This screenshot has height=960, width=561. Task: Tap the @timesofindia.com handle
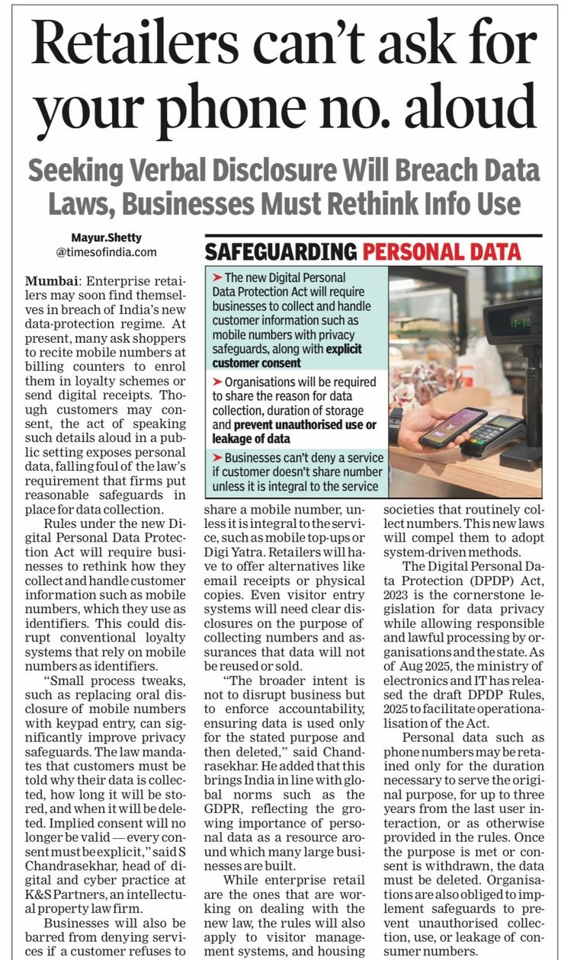pos(106,251)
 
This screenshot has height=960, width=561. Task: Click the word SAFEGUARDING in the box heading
pos(280,251)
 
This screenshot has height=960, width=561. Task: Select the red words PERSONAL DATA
pos(441,251)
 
